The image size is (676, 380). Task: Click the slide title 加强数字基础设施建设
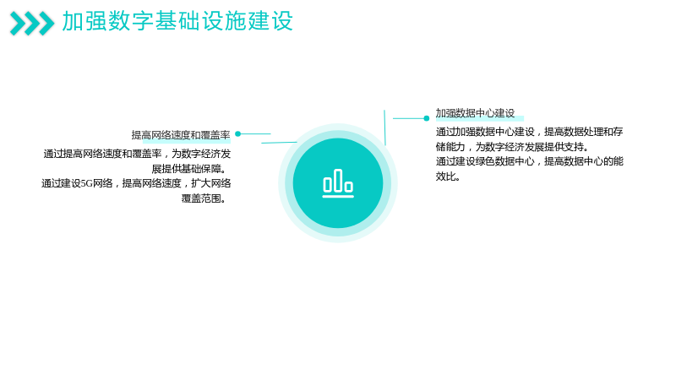tap(177, 21)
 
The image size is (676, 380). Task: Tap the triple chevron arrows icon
tap(32, 24)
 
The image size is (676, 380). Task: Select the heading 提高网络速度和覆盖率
tap(181, 135)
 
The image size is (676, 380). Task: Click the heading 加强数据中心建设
tap(475, 113)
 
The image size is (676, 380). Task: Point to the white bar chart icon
tap(338, 183)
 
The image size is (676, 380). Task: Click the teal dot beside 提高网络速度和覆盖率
tap(238, 134)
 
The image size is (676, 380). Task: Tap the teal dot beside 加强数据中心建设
tap(427, 118)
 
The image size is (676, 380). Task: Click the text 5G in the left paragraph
tap(87, 183)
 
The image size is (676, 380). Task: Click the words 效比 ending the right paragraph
tap(445, 176)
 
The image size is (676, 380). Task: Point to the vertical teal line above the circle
tap(384, 128)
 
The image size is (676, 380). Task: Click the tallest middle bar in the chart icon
tap(338, 180)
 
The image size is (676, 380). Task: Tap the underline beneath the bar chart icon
tap(338, 197)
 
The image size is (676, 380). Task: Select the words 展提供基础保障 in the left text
tap(186, 169)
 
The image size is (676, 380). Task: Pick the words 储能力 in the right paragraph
tap(450, 147)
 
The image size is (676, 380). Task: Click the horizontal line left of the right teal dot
tap(408, 118)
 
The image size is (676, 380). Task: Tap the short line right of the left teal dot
tap(256, 134)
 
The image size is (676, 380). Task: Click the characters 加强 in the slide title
tap(84, 21)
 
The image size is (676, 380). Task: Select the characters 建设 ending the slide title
tap(270, 21)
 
